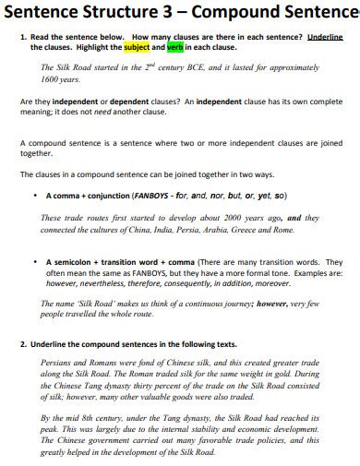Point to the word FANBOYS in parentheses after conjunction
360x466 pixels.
[x=152, y=196]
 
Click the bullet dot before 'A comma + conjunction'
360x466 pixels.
[x=34, y=196]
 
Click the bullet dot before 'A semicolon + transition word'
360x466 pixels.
[x=34, y=262]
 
